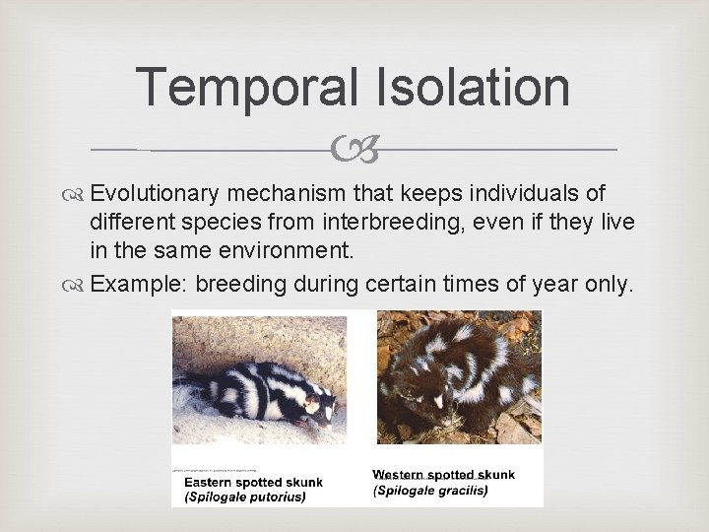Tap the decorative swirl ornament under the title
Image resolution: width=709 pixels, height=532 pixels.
click(x=354, y=150)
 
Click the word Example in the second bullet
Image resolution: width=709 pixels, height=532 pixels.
click(x=139, y=285)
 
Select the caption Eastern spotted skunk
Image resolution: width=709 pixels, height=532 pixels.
click(x=253, y=483)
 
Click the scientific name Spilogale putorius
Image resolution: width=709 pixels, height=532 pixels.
click(x=245, y=497)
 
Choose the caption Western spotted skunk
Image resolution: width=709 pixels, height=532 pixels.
click(x=443, y=476)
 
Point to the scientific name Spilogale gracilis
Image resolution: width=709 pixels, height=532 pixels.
click(x=430, y=490)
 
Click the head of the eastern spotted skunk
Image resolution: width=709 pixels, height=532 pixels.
click(x=318, y=403)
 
